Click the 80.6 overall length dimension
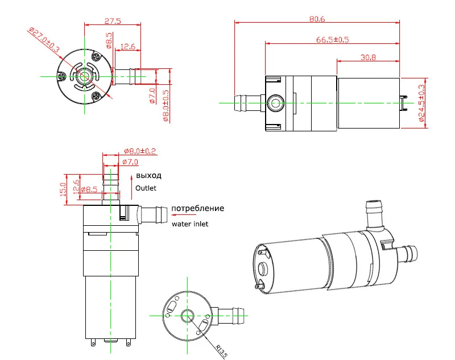click(x=317, y=19)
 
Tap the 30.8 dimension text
click(x=369, y=57)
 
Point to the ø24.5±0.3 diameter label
click(x=421, y=103)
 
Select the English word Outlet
click(x=145, y=188)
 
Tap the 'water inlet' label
click(x=190, y=224)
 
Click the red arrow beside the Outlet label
click(x=131, y=181)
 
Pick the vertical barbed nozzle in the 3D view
click(x=373, y=213)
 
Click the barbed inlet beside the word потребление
click(x=151, y=215)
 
